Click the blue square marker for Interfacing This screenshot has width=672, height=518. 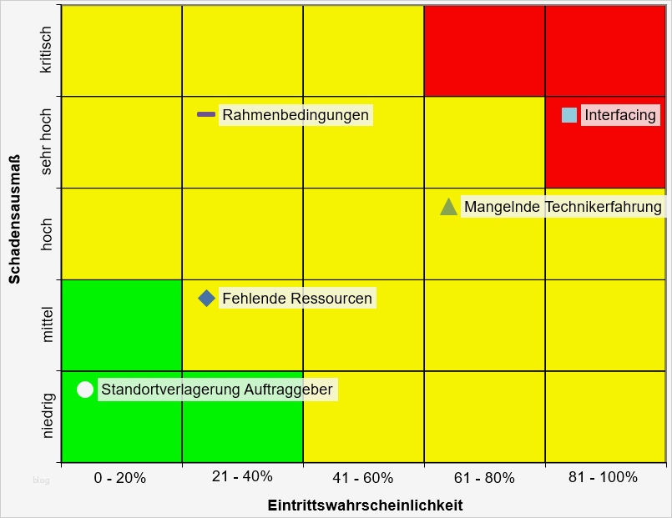pyautogui.click(x=569, y=115)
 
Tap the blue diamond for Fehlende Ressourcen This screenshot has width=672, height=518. pyautogui.click(x=206, y=298)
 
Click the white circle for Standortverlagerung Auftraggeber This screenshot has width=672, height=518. pyautogui.click(x=85, y=390)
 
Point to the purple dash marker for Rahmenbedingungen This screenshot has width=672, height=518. pyautogui.click(x=206, y=114)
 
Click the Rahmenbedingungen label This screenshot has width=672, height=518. pyautogui.click(x=296, y=115)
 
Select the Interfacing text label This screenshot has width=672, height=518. pyautogui.click(x=620, y=115)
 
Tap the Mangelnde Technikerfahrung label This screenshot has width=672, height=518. pyautogui.click(x=563, y=207)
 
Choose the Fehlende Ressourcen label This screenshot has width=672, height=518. pyautogui.click(x=297, y=299)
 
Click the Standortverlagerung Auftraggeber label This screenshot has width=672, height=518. pyautogui.click(x=217, y=390)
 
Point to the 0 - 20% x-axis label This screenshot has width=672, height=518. pyautogui.click(x=120, y=478)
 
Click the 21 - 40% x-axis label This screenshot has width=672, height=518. pyautogui.click(x=242, y=476)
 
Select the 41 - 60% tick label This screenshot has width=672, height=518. pyautogui.click(x=362, y=478)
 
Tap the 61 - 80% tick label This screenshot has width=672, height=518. pyautogui.click(x=484, y=478)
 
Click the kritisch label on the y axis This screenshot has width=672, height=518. pyautogui.click(x=46, y=50)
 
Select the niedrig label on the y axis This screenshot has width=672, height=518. pyautogui.click(x=48, y=415)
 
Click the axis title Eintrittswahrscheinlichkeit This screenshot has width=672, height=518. pyautogui.click(x=365, y=505)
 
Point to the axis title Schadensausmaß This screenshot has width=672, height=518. pyautogui.click(x=15, y=219)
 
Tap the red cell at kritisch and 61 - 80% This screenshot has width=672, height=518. pyautogui.click(x=484, y=50)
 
